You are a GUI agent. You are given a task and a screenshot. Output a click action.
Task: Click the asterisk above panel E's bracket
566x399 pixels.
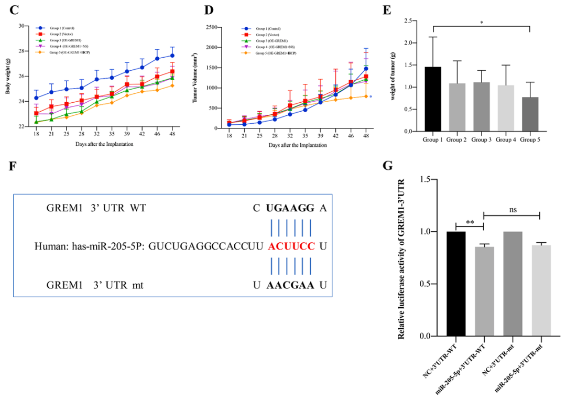tap(481, 23)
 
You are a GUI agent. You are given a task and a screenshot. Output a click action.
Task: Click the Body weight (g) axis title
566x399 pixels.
tap(8, 76)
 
